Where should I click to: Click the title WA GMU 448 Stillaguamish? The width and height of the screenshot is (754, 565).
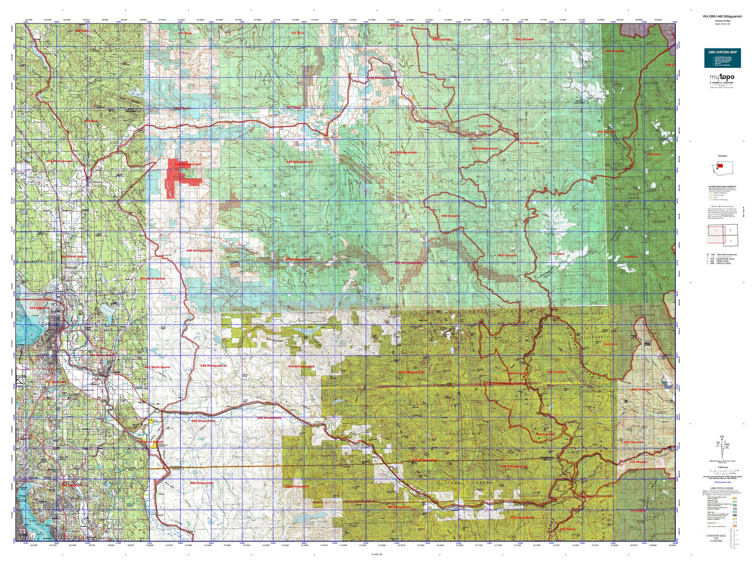point(722,16)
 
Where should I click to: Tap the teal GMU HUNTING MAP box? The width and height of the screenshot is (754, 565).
point(722,58)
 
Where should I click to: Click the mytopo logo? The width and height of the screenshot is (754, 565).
point(722,78)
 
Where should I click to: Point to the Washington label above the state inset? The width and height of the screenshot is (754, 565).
point(722,156)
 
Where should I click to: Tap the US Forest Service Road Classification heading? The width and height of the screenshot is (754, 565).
point(722,186)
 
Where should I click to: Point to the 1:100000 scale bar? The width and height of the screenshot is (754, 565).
point(722,471)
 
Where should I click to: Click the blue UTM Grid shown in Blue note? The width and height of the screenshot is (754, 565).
point(722,483)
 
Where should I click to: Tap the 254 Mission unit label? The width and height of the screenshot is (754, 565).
point(638,462)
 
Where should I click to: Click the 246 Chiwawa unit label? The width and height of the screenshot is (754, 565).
point(641,389)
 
